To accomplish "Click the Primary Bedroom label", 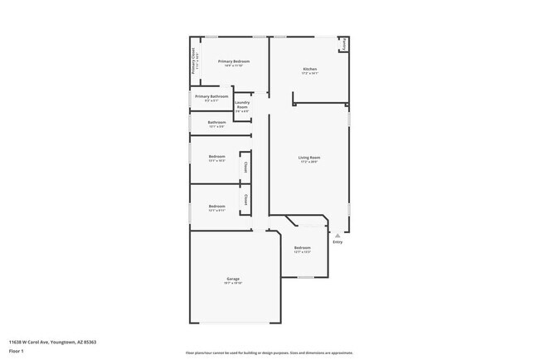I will tap(234, 61).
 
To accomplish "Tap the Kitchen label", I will tap(309, 69).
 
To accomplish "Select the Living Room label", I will tap(309, 157).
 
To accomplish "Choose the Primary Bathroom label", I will tap(211, 96).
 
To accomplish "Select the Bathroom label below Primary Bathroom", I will tap(216, 122).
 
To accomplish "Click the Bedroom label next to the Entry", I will tap(303, 247).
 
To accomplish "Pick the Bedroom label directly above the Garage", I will tap(216, 206).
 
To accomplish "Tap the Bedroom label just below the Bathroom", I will tap(216, 156).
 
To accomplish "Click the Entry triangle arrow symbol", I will tap(337, 235).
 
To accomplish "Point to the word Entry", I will tap(337, 241).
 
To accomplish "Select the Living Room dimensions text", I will tap(309, 162).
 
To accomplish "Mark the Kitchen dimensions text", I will tap(309, 74).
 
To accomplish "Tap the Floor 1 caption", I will tap(16, 352).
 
